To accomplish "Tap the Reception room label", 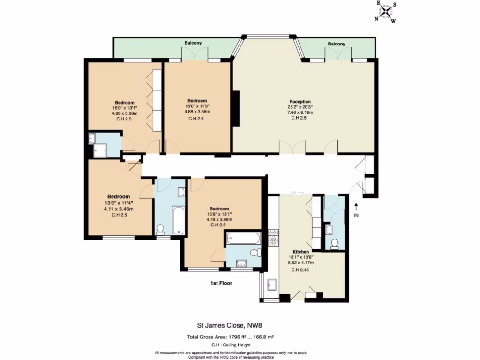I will (300, 102).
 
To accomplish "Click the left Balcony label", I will (193, 43).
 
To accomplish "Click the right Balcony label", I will (336, 44).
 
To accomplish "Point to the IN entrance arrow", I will (356, 208).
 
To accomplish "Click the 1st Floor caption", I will (221, 283).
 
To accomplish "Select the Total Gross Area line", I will (230, 337).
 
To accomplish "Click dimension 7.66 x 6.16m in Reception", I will (300, 112).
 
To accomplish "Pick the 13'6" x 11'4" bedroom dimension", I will (118, 203).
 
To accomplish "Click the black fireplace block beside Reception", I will (236, 108).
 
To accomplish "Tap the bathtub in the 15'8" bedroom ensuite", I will (242, 239).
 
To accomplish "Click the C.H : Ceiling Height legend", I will (230, 344).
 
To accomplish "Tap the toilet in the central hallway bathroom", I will (161, 228).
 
